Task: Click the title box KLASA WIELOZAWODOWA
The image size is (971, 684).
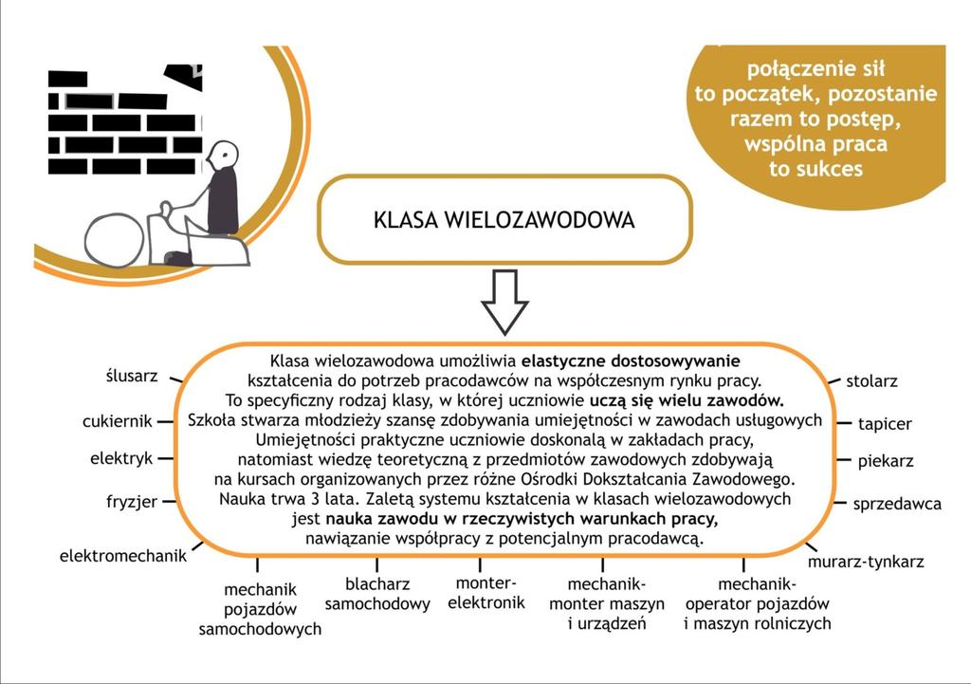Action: (x=504, y=219)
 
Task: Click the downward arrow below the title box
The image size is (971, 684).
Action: (x=504, y=302)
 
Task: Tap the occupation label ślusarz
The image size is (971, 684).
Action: (x=132, y=376)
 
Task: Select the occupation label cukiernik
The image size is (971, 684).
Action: (x=117, y=421)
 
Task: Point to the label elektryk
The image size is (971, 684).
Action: (x=121, y=458)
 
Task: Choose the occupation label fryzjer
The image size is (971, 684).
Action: (x=132, y=502)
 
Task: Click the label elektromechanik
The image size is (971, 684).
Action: (x=122, y=556)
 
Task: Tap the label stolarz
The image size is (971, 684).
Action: (x=871, y=381)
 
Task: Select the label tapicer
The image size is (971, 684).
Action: (x=885, y=424)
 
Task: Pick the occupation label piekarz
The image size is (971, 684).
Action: (x=886, y=461)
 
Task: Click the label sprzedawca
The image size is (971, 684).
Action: (x=897, y=505)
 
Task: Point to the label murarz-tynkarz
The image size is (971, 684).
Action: (x=866, y=562)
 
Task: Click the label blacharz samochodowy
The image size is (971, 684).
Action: (x=377, y=594)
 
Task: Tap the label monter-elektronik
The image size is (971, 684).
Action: (x=486, y=592)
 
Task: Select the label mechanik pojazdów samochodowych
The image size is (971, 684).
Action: (x=260, y=609)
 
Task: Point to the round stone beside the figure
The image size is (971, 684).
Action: (x=114, y=240)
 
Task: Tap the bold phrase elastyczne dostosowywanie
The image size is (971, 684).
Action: (x=631, y=360)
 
